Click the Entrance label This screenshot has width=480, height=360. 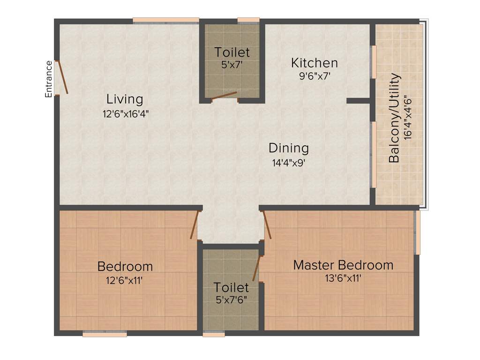click(48, 79)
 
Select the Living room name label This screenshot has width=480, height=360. click(124, 99)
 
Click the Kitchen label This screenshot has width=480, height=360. click(314, 62)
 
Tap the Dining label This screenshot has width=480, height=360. click(288, 148)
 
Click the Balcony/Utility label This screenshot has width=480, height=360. click(394, 118)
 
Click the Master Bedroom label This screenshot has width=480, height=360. click(343, 265)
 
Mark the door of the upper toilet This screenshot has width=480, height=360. click(224, 96)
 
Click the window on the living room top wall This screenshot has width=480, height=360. click(166, 20)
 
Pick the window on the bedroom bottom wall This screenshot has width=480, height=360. click(105, 334)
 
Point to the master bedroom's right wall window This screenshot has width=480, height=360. click(418, 232)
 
